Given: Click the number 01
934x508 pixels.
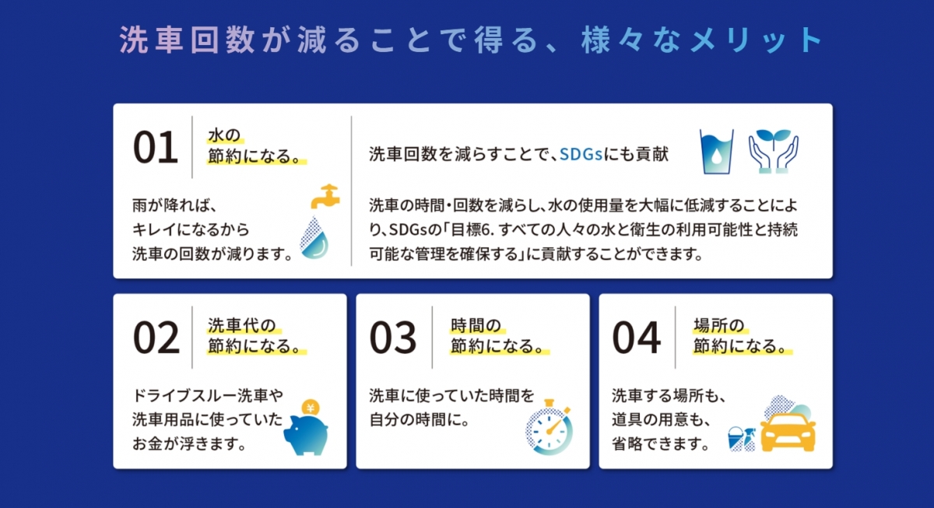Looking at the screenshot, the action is point(155,147).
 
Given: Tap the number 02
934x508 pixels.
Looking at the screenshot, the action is point(156,338).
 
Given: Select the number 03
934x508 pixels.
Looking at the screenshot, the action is point(393,338).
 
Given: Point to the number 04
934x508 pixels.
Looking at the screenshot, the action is point(637,338).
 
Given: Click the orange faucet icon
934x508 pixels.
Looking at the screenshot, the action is point(325,196).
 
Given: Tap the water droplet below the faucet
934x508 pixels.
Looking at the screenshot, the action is point(314,237).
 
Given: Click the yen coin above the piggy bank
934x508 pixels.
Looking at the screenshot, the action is point(311,408).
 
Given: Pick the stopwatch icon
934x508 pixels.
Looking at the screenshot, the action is point(549,428).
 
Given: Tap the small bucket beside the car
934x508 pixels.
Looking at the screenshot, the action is point(735,439).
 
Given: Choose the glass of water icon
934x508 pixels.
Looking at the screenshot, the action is point(716,151).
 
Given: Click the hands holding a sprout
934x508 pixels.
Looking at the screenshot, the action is point(774,151).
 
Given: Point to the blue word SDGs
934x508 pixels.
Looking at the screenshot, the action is point(581,154).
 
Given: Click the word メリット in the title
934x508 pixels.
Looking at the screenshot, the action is point(756,40).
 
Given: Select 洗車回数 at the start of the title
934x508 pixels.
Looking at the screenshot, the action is point(188,40).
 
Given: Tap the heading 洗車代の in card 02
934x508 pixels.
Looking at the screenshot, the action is point(242,325).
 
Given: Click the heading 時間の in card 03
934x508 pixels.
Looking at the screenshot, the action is point(476,325).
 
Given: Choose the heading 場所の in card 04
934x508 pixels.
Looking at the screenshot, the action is point(719,325).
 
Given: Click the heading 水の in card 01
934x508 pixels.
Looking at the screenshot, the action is point(224,135).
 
